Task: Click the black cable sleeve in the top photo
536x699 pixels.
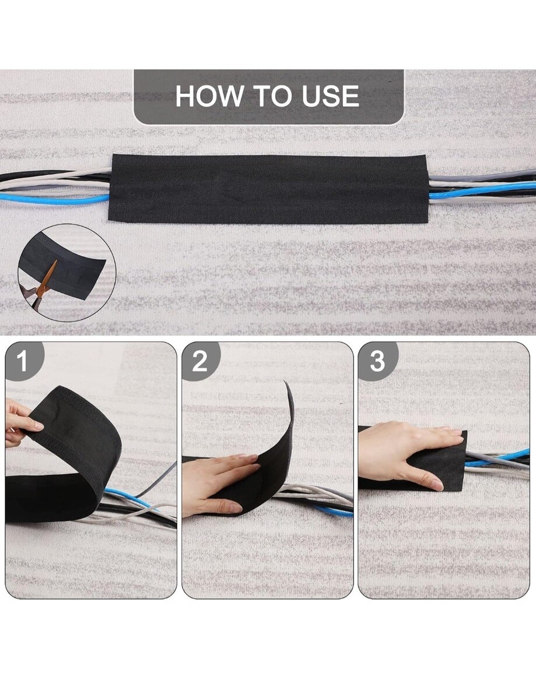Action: [x=268, y=189]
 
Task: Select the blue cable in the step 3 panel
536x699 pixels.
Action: [x=498, y=458]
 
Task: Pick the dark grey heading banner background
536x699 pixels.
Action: [x=268, y=97]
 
